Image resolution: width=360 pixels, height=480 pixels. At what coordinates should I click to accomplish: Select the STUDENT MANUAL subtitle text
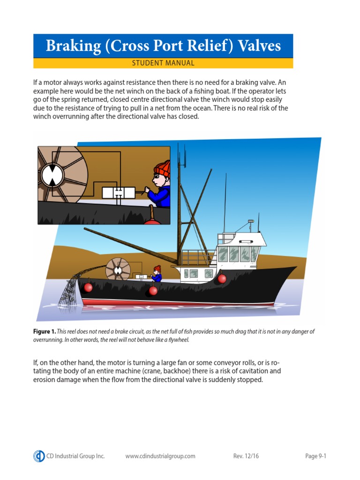163,63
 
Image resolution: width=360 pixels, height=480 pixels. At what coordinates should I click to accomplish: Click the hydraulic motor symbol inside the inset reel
52,174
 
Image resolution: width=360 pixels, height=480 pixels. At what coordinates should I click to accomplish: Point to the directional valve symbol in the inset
119,192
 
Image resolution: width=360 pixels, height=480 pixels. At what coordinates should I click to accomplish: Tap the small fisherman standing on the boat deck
157,274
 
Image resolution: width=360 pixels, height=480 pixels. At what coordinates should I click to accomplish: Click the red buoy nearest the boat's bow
222,279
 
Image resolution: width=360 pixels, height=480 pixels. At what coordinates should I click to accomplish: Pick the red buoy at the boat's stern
88,287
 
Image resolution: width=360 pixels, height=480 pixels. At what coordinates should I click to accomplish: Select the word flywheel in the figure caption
177,340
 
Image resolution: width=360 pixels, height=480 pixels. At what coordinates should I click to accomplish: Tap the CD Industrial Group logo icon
39,456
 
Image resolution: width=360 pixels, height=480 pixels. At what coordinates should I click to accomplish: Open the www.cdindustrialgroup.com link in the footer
160,456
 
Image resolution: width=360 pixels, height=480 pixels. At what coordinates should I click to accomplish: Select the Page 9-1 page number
315,456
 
